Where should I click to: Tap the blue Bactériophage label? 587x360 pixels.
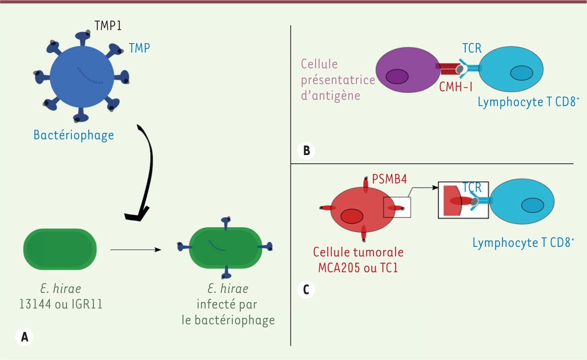pyautogui.click(x=73, y=135)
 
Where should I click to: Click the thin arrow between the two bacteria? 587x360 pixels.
pyautogui.click(x=135, y=250)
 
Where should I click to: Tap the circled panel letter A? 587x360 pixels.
pyautogui.click(x=24, y=336)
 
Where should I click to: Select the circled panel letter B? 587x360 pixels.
pyautogui.click(x=306, y=150)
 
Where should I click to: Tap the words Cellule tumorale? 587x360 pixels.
pyautogui.click(x=358, y=253)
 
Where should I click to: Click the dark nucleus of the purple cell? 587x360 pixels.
pyautogui.click(x=397, y=77)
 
